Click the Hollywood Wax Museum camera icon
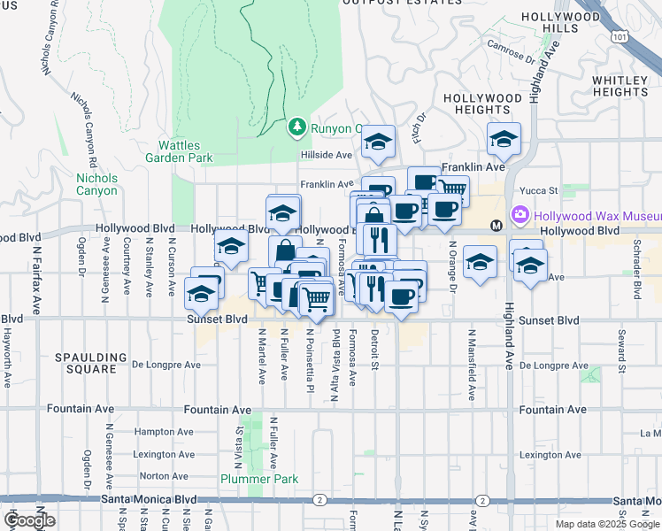click(520, 215)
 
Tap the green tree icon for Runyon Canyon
click(296, 128)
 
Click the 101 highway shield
click(620, 36)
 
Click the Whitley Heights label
click(620, 86)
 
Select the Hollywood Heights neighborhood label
click(482, 104)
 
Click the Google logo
click(28, 520)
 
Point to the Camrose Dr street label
click(511, 53)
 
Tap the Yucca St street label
click(539, 190)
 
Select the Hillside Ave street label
click(327, 154)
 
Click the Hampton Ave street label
click(159, 432)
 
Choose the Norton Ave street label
click(164, 475)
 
